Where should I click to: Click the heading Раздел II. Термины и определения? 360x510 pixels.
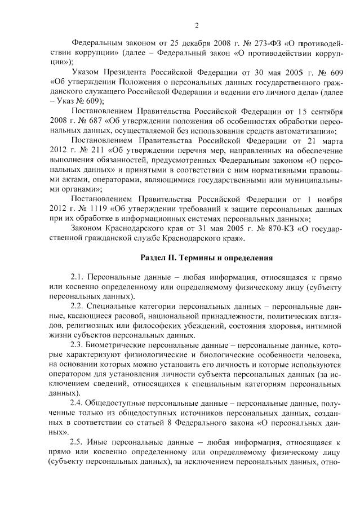coord(206,258)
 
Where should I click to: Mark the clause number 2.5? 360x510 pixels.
coord(77,443)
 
